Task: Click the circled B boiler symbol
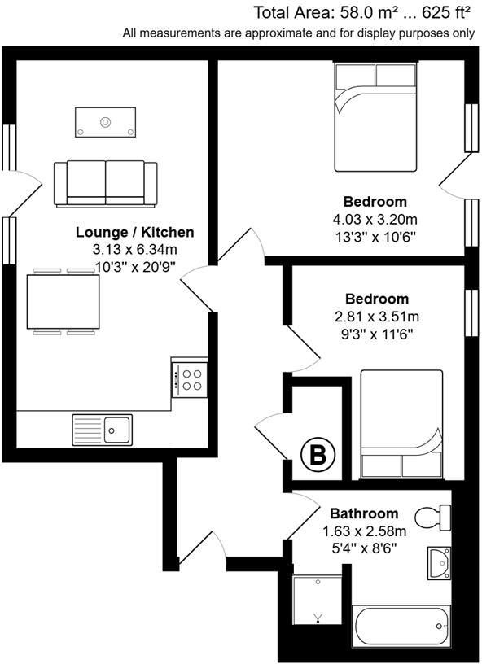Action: tap(318, 456)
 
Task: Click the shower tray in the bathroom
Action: tap(318, 600)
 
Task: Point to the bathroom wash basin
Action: tap(439, 561)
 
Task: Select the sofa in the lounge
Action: tap(106, 183)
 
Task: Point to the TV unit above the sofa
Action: tap(105, 122)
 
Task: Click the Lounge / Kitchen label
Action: tap(134, 233)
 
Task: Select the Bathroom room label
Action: tap(364, 513)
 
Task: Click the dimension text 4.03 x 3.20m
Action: tap(375, 219)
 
